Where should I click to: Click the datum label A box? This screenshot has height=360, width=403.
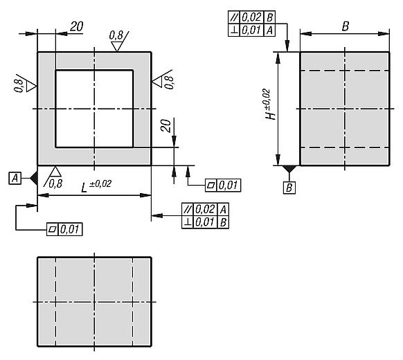[x=15, y=178]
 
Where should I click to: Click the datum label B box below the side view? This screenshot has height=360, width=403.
[x=289, y=188]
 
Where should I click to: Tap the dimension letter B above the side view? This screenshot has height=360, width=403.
[x=345, y=26]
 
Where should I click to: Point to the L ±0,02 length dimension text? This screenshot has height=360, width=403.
[x=96, y=186]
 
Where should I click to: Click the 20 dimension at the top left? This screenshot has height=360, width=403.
[x=77, y=27]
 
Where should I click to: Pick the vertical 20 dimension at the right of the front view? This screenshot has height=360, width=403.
[x=166, y=126]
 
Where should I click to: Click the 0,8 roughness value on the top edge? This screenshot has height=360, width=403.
[x=116, y=35]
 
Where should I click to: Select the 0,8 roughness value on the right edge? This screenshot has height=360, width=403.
[x=170, y=82]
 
